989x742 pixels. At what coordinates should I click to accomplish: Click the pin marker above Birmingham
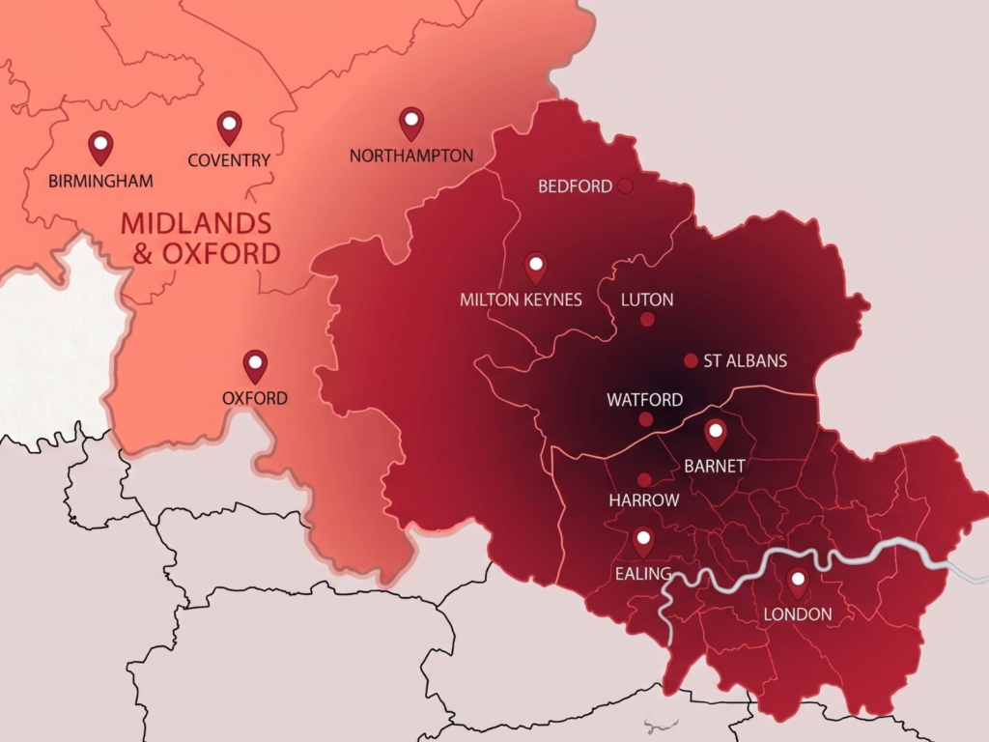(100, 146)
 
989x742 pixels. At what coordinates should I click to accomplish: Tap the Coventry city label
(229, 160)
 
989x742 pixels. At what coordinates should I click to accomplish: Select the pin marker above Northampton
(411, 122)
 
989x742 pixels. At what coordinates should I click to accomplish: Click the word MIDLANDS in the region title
(196, 223)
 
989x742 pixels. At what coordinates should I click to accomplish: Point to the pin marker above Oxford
(255, 365)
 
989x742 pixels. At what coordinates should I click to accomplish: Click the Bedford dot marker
(625, 185)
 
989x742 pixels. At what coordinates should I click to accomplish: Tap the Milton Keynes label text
(521, 300)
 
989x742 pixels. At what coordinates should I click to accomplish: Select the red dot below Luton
(647, 320)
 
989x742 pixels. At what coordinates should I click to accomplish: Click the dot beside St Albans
(691, 360)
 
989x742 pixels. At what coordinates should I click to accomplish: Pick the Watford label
(644, 399)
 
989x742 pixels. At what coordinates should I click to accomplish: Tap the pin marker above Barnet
(716, 434)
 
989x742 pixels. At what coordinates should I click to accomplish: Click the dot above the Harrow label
(644, 480)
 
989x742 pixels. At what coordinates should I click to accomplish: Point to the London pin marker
(798, 583)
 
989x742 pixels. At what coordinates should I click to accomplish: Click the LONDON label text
(798, 614)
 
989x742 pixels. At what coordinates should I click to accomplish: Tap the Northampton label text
(411, 156)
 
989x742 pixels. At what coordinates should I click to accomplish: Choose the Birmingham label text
(100, 180)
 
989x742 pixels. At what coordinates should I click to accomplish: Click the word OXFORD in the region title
(221, 254)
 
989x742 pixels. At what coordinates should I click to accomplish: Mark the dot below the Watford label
(645, 419)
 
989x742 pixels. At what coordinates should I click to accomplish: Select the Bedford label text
(575, 186)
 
